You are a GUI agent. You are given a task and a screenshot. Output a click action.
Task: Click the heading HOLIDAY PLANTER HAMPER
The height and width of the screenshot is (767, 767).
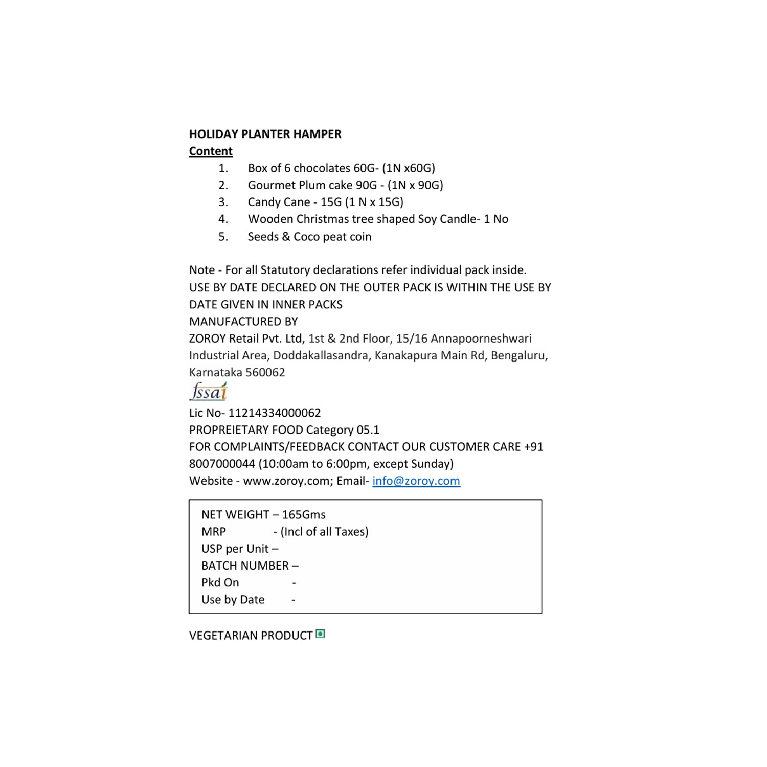pos(265,134)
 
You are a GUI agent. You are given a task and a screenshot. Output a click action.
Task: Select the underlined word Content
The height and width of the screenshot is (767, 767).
pos(211,151)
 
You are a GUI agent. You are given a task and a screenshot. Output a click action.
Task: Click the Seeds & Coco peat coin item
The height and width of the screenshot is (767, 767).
pos(309,237)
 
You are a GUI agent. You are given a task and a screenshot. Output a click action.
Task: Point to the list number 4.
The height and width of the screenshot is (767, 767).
pos(223,219)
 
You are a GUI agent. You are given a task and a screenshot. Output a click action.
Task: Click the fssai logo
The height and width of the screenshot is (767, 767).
pos(209,392)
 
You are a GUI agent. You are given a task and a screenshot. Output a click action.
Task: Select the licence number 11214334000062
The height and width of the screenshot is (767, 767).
pos(275,413)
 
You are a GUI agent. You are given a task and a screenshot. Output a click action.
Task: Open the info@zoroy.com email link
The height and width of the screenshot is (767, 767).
pos(416,481)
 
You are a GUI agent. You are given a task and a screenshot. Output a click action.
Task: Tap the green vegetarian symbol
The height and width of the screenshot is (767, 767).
pos(321,634)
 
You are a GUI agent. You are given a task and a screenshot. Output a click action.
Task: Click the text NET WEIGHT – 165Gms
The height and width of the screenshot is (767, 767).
pos(263,514)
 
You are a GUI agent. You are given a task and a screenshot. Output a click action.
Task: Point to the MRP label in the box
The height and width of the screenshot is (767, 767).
pos(214,532)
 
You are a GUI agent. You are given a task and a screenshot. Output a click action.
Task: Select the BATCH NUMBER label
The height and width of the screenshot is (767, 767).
pos(245,566)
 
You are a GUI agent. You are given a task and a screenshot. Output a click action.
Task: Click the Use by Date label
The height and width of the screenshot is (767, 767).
pos(233,600)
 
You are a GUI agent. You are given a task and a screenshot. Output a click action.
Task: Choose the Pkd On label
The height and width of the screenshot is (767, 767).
pos(220,582)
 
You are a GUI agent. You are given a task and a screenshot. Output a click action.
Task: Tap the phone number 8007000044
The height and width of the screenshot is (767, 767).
pos(222,464)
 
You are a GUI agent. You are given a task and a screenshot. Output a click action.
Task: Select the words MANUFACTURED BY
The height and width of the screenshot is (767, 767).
pos(243,322)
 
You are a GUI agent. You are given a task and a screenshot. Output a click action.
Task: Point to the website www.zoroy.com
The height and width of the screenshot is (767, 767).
pos(287,481)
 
